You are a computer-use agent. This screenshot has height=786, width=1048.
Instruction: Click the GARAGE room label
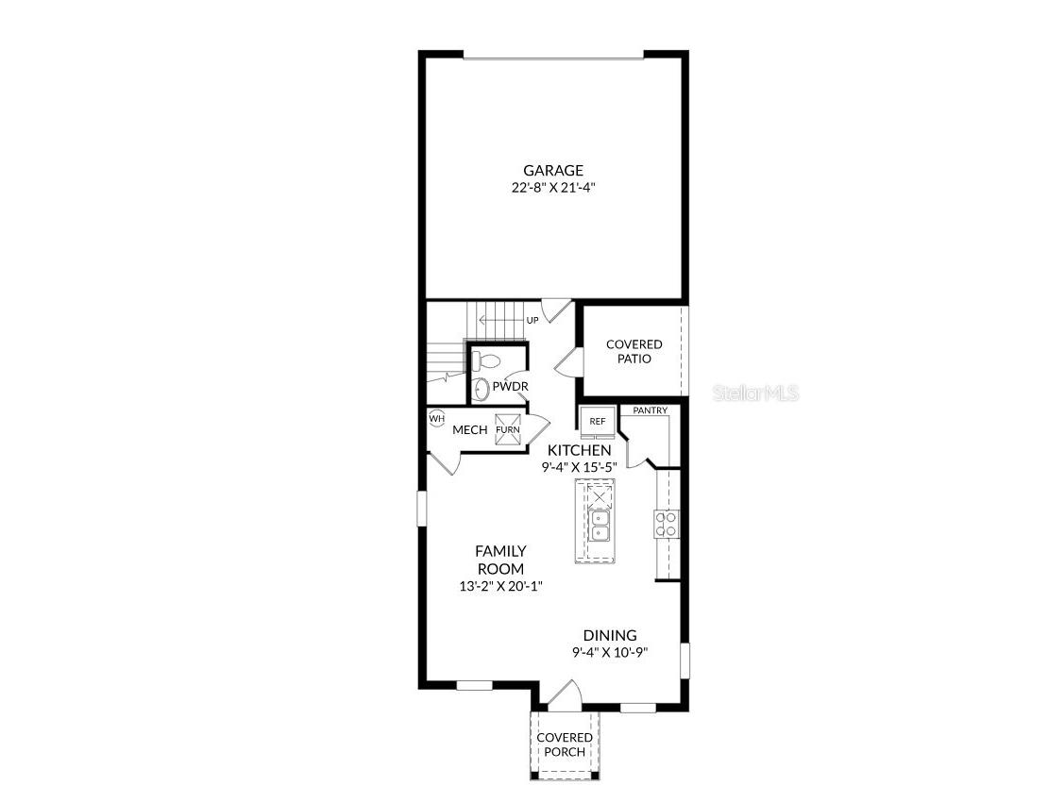[553, 171]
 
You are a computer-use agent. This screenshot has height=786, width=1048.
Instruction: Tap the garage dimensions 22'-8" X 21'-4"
[553, 187]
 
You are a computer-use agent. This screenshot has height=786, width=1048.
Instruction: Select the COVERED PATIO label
[634, 352]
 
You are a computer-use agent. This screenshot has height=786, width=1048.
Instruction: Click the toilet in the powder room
[487, 360]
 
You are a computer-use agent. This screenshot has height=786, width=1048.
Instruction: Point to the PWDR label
[510, 387]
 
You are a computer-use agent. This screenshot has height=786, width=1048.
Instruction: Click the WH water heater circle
[436, 418]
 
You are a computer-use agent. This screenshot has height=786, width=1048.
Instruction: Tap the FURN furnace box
[508, 429]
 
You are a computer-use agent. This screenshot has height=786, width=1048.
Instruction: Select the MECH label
[469, 430]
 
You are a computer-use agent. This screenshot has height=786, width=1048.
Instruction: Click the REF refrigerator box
[598, 422]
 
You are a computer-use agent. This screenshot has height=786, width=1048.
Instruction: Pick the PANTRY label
[651, 410]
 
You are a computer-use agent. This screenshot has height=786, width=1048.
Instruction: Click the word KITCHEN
[579, 451]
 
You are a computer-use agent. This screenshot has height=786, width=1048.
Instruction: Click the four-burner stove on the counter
[666, 524]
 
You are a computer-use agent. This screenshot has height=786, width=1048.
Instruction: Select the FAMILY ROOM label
[500, 560]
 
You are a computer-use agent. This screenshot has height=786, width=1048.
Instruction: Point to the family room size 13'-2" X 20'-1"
[500, 586]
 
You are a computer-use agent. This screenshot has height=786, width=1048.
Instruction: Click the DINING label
[609, 636]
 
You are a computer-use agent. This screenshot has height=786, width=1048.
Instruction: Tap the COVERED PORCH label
[565, 744]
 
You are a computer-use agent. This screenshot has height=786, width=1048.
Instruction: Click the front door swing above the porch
[564, 698]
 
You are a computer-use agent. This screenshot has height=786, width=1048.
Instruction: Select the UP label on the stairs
[532, 321]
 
